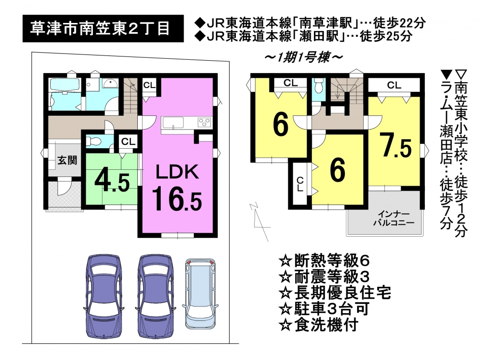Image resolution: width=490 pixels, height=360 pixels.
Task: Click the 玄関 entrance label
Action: point(67,160)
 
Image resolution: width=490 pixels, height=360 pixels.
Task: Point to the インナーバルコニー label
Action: point(394,218)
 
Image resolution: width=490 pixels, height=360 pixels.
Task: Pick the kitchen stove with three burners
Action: point(205,122)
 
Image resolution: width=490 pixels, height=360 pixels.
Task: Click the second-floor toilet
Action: point(319,85)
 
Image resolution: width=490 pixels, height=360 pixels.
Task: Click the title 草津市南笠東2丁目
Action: point(100,28)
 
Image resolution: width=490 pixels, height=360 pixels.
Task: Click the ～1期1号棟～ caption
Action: point(303,57)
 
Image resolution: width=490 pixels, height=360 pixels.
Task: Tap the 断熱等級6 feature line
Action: point(324,261)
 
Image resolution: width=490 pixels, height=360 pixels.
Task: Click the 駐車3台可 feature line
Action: point(324,309)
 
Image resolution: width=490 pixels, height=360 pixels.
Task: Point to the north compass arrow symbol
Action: point(259,221)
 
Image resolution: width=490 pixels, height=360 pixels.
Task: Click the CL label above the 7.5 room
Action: point(394,85)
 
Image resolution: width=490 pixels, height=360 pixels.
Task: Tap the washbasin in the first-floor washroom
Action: point(110,83)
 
